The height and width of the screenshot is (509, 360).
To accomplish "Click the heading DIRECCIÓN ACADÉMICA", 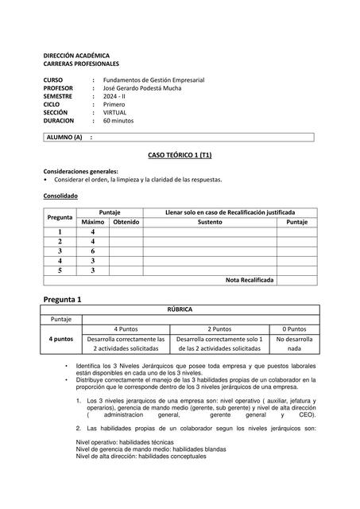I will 76,56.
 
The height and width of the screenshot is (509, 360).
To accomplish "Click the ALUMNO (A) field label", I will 64,137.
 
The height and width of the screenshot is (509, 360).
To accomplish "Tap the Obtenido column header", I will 126,223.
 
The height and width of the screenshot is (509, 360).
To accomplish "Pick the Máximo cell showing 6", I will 93,251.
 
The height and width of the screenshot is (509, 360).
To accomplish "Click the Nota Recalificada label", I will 250,281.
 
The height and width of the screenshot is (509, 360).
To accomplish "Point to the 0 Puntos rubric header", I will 295,328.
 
